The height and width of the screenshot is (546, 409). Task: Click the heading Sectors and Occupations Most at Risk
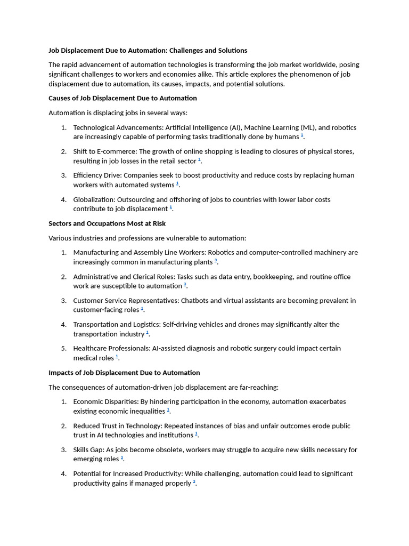click(x=107, y=223)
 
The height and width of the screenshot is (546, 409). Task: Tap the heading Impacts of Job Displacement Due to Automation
click(x=124, y=373)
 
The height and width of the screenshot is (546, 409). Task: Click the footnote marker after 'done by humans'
click(x=302, y=136)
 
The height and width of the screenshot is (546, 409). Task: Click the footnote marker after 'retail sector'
click(x=200, y=160)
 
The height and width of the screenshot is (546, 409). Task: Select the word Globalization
click(x=93, y=199)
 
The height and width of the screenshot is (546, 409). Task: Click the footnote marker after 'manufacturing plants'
click(x=216, y=261)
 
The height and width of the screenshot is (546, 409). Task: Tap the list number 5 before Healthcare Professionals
click(x=63, y=348)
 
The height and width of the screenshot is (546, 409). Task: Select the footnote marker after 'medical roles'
click(x=117, y=357)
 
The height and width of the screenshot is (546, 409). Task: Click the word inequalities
click(x=146, y=411)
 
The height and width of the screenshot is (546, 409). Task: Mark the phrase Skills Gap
click(x=88, y=449)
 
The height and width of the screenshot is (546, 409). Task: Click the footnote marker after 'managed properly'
click(x=194, y=482)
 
